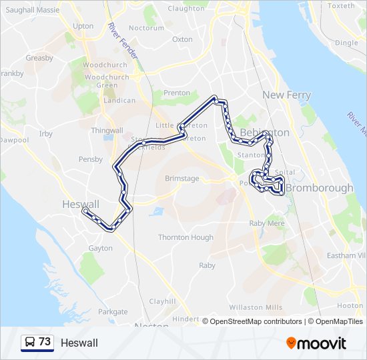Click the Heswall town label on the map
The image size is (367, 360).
[x=80, y=204]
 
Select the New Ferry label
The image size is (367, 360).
[x=286, y=95]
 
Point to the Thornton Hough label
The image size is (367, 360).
[x=186, y=237]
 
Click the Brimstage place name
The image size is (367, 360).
[x=182, y=179]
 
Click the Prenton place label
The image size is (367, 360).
[x=177, y=93]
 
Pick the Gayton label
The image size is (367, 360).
[x=100, y=248]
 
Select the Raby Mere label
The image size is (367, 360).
[x=266, y=224]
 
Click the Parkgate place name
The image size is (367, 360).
[x=113, y=311]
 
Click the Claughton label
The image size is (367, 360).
[x=186, y=9]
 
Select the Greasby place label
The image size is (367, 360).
[x=39, y=58]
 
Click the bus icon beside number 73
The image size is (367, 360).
[x=30, y=343]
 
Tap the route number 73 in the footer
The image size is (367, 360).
[x=45, y=342]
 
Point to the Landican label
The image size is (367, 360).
[x=120, y=101]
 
